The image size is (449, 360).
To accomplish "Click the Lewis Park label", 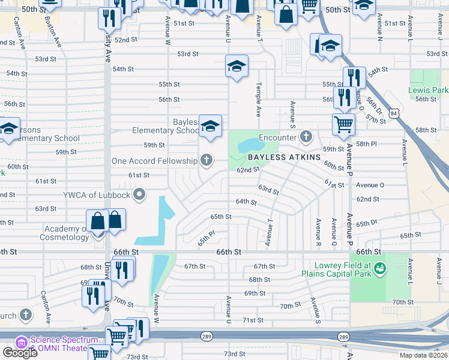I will coord(428,90).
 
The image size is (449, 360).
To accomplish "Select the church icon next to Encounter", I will coord(306,137).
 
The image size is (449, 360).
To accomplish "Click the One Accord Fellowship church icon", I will coord(206,160).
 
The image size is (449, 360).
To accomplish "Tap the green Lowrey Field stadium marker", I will coord(379,269).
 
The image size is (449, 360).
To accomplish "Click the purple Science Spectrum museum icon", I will coord(21,343).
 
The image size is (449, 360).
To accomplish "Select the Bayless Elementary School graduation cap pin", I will coord(210,126).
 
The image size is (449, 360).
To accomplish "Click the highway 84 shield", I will coord(393,112).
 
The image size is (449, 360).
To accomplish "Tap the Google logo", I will coord(20,353).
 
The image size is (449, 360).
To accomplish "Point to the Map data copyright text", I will coord(423,355).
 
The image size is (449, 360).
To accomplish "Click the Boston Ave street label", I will coord(53,31).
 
